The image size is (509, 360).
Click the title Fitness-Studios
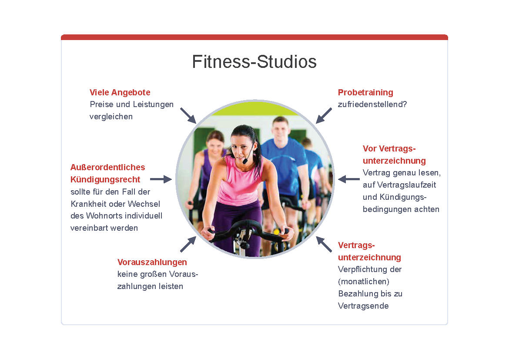[x=254, y=62]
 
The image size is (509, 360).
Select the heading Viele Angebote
[x=120, y=93]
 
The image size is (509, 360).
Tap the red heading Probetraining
[x=365, y=93]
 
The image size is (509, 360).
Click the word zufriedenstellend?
[x=372, y=104]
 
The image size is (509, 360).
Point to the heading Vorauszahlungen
[x=152, y=262]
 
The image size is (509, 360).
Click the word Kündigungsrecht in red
[x=105, y=179]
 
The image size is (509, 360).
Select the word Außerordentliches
[x=108, y=167]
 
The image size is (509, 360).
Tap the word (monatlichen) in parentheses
[x=364, y=281]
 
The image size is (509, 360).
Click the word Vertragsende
[x=363, y=306]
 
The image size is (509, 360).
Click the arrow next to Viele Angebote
[x=188, y=116]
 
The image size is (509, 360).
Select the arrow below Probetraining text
[x=324, y=116]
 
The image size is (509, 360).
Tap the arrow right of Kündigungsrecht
[x=161, y=179]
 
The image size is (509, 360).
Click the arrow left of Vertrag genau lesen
[x=348, y=179]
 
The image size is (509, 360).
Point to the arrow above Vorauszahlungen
[x=188, y=244]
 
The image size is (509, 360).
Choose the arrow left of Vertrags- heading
[x=324, y=244]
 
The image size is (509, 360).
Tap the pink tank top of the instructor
[x=238, y=182]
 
